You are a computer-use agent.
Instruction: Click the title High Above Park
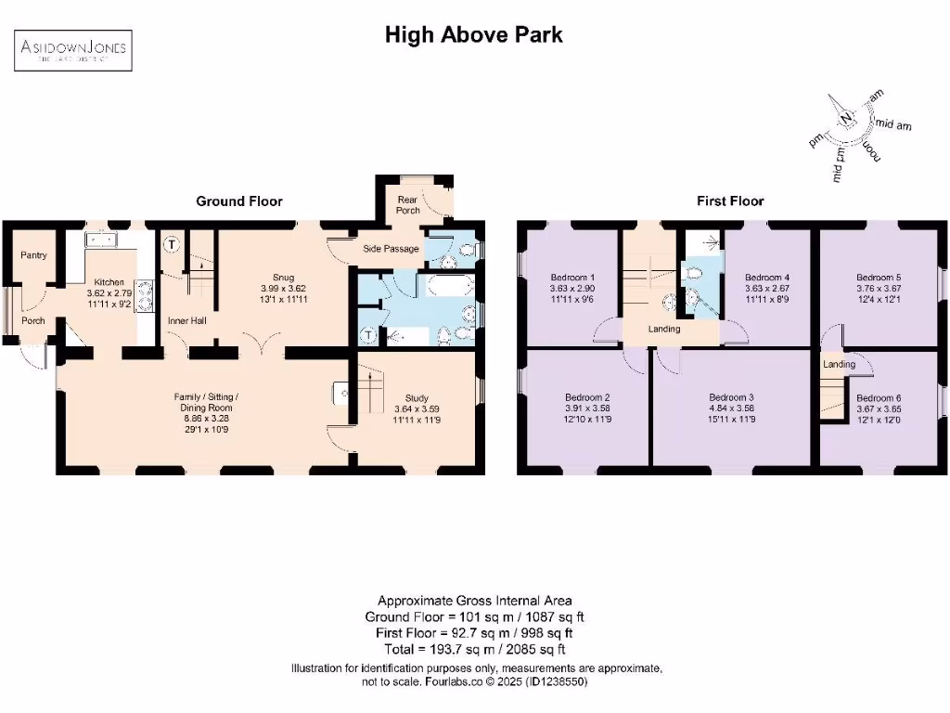coord(474,35)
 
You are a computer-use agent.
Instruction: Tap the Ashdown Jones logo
coord(71,50)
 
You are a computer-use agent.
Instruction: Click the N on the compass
coord(846,117)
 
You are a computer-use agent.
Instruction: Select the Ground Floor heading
coord(238,201)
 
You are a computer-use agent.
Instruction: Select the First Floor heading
coord(730,201)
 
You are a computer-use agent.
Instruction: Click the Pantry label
coord(33,255)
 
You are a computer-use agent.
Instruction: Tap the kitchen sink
coord(103,240)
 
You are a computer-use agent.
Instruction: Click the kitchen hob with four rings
coord(145,294)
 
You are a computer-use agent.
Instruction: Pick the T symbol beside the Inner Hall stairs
coord(172,246)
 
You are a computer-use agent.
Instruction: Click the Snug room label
coord(283,277)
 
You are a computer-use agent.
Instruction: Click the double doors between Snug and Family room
coord(263,344)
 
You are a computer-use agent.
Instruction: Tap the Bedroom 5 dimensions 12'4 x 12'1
coord(879,297)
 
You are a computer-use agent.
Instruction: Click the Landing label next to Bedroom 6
coord(838,364)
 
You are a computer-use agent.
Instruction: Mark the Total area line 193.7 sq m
coord(474,649)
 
